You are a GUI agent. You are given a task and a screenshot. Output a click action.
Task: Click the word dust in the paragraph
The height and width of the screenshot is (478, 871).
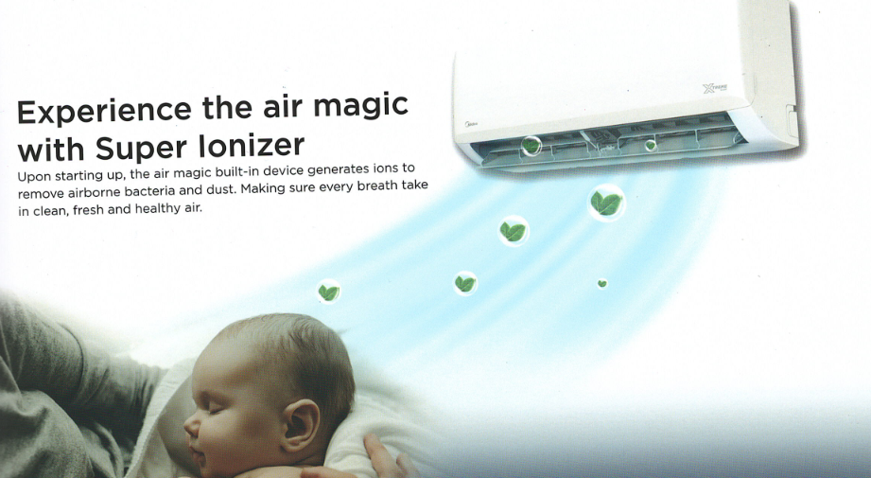(224, 189)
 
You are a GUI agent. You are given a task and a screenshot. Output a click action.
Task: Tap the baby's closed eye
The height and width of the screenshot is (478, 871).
(215, 410)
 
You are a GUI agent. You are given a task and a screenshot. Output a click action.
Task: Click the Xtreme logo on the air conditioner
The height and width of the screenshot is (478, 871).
(715, 88)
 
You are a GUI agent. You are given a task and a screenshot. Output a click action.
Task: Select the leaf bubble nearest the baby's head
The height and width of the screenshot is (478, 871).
(328, 292)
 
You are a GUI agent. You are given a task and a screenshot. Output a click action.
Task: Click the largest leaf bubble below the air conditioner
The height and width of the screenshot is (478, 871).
(606, 203)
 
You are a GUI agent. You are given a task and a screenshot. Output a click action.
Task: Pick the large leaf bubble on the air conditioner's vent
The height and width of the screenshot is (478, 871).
(531, 146)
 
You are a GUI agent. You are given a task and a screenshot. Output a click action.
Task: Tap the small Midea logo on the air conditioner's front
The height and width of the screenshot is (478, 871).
(471, 124)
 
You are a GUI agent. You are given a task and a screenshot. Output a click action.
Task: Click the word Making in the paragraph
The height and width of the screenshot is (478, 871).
(261, 189)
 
